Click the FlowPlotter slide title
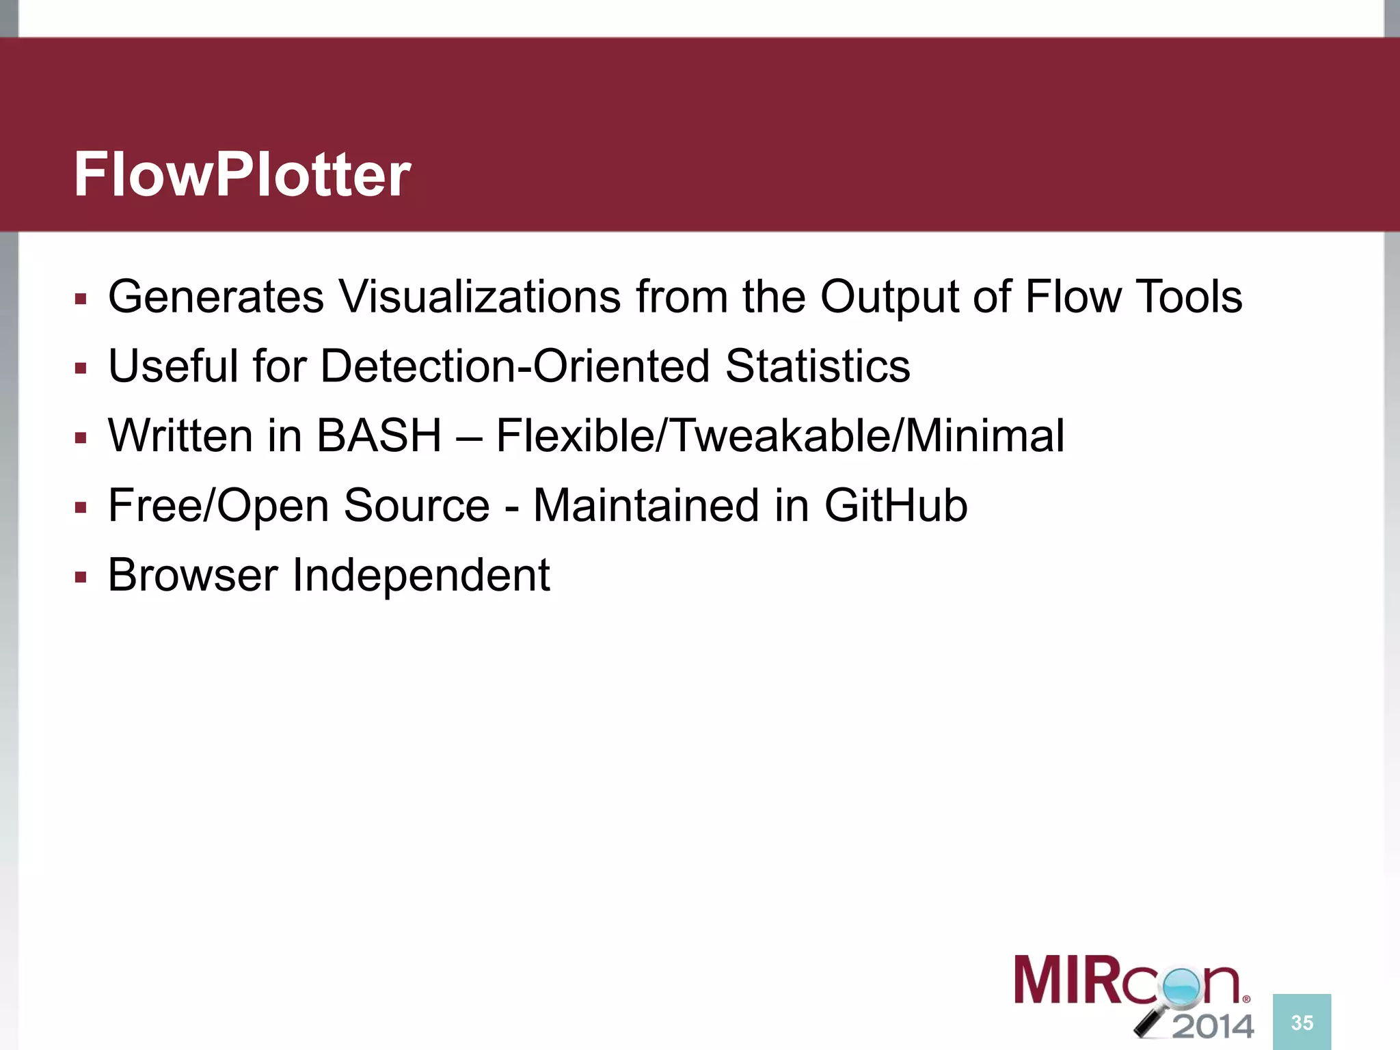click(x=242, y=175)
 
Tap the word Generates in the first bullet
click(x=216, y=297)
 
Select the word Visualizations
click(x=480, y=297)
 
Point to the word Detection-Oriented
click(x=515, y=366)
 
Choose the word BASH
click(x=379, y=436)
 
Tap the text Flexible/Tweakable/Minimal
click(x=780, y=436)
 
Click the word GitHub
click(x=896, y=506)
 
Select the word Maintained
click(x=646, y=506)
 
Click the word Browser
click(x=193, y=576)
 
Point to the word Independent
click(x=421, y=576)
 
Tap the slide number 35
click(x=1302, y=1023)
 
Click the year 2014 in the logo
click(x=1213, y=1026)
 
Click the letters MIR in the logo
click(x=1063, y=980)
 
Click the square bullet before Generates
click(x=81, y=299)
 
